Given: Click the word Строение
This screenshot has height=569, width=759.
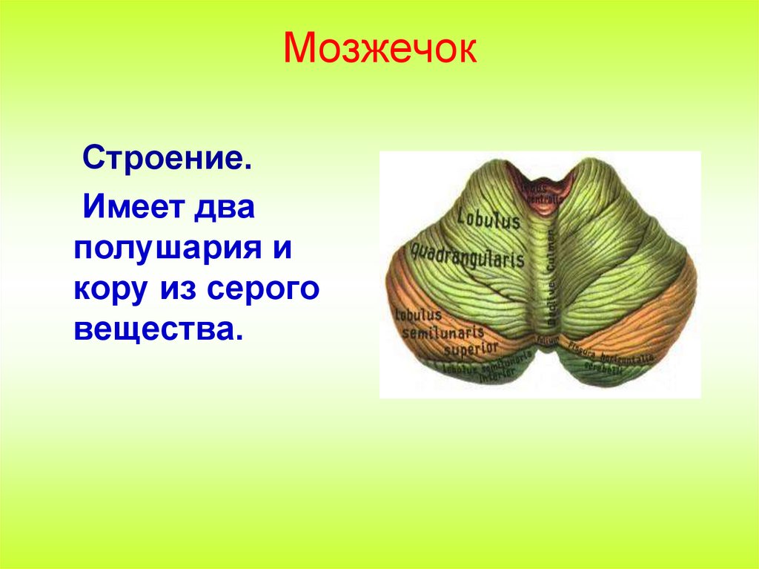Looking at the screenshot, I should (x=167, y=159).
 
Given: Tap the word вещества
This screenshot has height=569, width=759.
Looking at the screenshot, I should (x=158, y=329).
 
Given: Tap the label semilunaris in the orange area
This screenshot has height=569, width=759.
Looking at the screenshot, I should (x=442, y=332).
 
